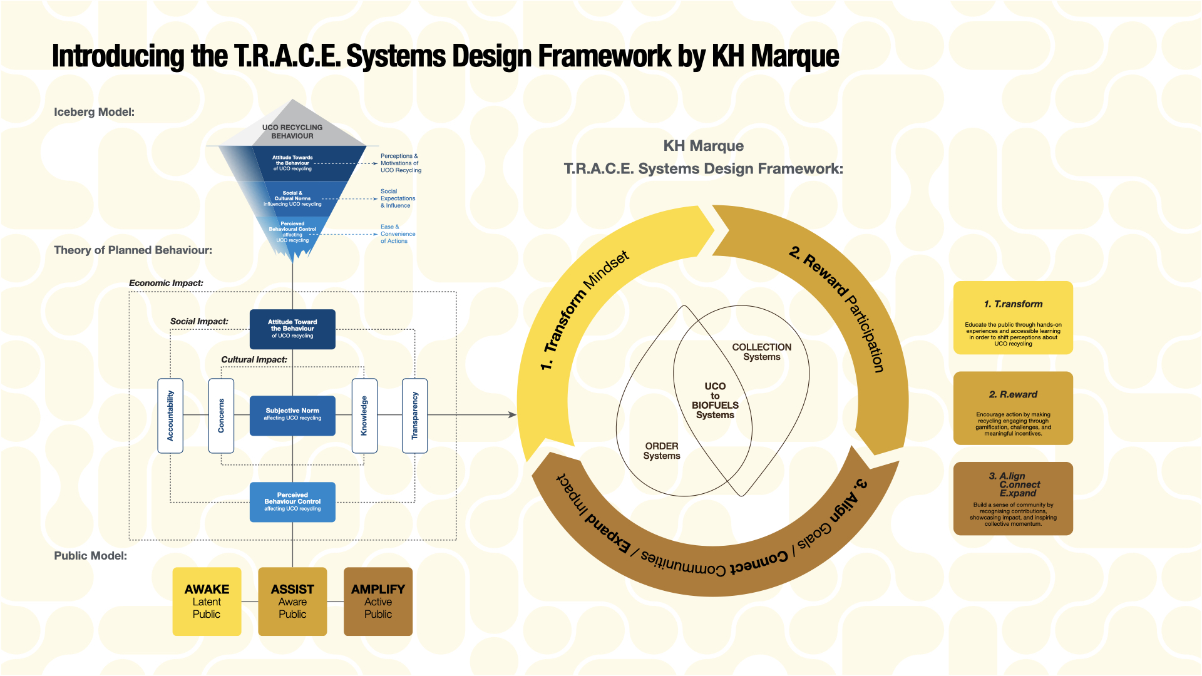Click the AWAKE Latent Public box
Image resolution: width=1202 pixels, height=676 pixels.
point(207,602)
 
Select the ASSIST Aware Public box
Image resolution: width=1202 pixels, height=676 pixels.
point(292,602)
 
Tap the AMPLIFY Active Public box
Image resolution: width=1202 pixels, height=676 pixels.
point(378,602)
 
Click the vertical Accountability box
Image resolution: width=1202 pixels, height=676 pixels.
point(170,416)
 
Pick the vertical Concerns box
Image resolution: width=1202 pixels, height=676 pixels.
point(221,416)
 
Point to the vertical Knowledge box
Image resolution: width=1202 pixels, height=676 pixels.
point(364,416)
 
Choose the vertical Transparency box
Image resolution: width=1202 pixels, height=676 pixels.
point(414,416)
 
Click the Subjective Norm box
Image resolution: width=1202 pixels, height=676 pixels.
point(292,415)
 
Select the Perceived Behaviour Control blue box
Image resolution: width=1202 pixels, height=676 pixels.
point(292,501)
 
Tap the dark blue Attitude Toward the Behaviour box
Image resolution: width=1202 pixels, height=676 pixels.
point(292,329)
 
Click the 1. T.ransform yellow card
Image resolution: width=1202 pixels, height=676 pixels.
point(1013,318)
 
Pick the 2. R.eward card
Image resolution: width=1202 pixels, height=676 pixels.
point(1013,408)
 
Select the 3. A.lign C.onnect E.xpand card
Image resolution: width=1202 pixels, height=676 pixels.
point(1013,499)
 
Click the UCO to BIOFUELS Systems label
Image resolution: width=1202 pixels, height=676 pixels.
point(715,401)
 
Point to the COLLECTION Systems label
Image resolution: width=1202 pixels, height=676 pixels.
point(761,352)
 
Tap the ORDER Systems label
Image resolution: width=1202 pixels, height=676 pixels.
point(662,451)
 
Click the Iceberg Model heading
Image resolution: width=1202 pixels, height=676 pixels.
point(94,112)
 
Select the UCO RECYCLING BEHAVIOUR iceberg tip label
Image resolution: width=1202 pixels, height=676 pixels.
point(292,131)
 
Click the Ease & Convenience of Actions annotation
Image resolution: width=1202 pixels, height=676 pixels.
point(398,234)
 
